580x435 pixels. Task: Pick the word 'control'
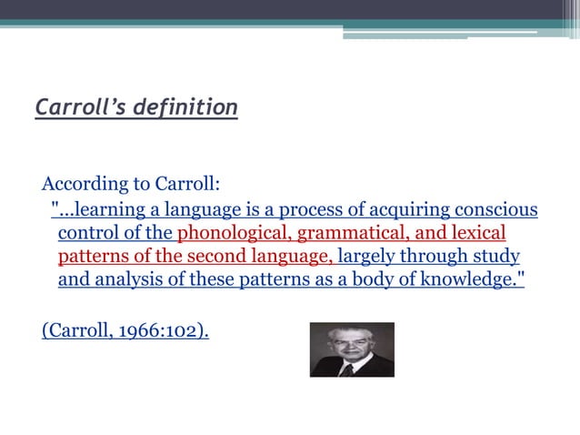[x=88, y=234]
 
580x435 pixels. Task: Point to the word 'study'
[x=496, y=257]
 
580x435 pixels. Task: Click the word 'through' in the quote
[x=443, y=257]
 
